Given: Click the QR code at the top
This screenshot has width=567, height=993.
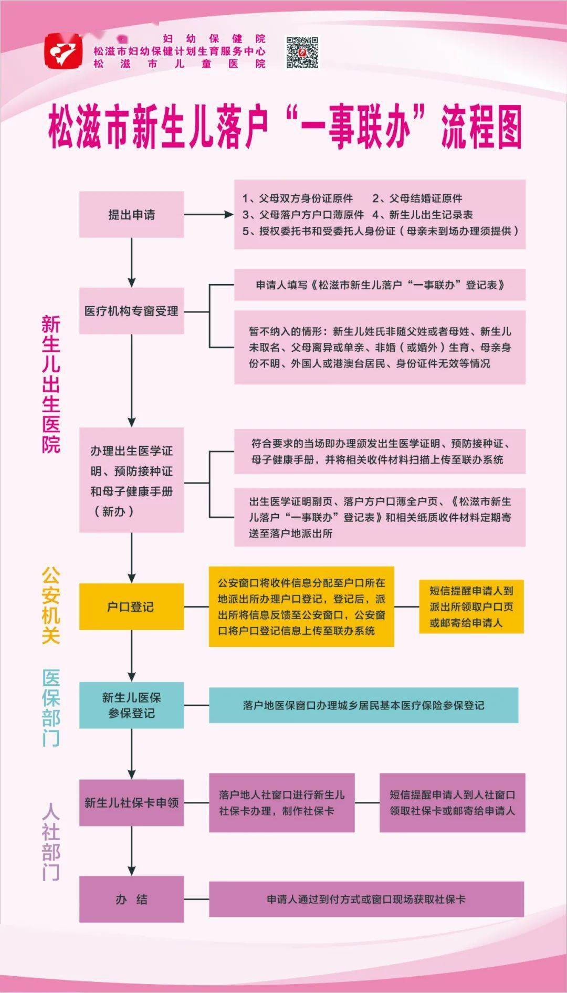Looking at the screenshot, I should (x=302, y=53).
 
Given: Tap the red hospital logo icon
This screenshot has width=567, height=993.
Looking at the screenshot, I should (x=64, y=51).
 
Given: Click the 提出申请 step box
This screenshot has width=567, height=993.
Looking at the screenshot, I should (x=131, y=214).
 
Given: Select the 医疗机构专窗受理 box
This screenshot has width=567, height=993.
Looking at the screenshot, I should (x=131, y=311).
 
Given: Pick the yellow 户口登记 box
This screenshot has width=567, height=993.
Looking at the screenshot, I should (x=131, y=607).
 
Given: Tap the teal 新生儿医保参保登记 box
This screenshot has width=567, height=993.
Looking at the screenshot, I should (x=131, y=705).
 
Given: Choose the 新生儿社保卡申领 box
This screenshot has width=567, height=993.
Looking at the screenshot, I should (x=131, y=802).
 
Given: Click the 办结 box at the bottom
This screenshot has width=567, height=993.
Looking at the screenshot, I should (x=131, y=899).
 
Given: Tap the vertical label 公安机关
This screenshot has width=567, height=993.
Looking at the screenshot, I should (x=51, y=605).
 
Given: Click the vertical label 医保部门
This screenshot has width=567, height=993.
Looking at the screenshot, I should (x=51, y=707).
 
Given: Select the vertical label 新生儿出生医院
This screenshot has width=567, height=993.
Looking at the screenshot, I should (x=51, y=384).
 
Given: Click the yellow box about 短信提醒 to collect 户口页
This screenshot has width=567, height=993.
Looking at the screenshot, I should (x=471, y=607).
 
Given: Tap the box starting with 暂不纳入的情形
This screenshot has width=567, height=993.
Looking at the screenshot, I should (x=380, y=347).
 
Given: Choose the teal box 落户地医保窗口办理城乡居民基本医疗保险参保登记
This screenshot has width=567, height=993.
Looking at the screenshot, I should (x=363, y=705).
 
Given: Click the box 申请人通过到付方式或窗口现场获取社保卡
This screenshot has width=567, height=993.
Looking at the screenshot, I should (x=366, y=899).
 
